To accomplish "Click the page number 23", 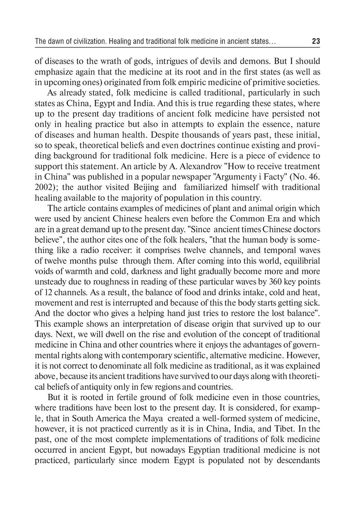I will point(316,41).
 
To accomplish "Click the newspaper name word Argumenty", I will point(241,177).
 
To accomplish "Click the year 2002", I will point(43,187).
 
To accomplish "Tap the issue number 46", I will point(311,177).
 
